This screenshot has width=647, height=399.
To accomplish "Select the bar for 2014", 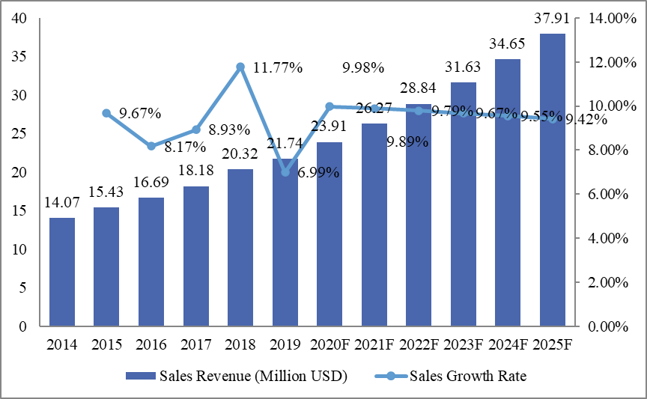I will [x=62, y=272].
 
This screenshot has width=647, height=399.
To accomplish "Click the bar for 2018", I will [x=240, y=248].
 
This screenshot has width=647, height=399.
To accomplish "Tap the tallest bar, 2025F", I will [x=553, y=180].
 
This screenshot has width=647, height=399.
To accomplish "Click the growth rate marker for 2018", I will [x=240, y=67].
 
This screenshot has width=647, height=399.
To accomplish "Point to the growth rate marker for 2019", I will [x=285, y=172].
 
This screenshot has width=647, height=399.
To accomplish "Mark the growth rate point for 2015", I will [x=106, y=113].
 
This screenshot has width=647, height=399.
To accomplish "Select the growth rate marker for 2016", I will [x=151, y=146].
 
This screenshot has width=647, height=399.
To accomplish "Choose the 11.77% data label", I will [x=277, y=68].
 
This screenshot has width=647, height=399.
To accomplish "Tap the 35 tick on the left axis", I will [x=21, y=57].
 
